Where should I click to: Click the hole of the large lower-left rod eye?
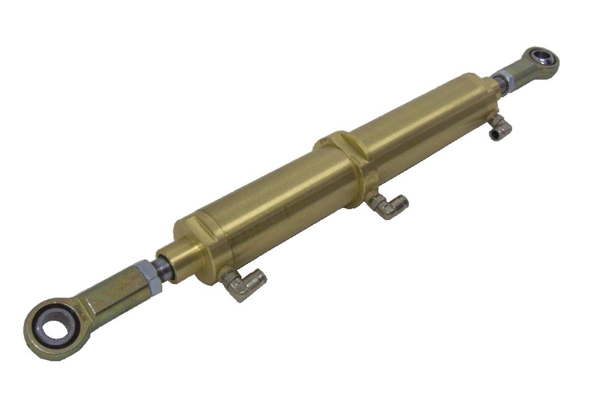[55, 328]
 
